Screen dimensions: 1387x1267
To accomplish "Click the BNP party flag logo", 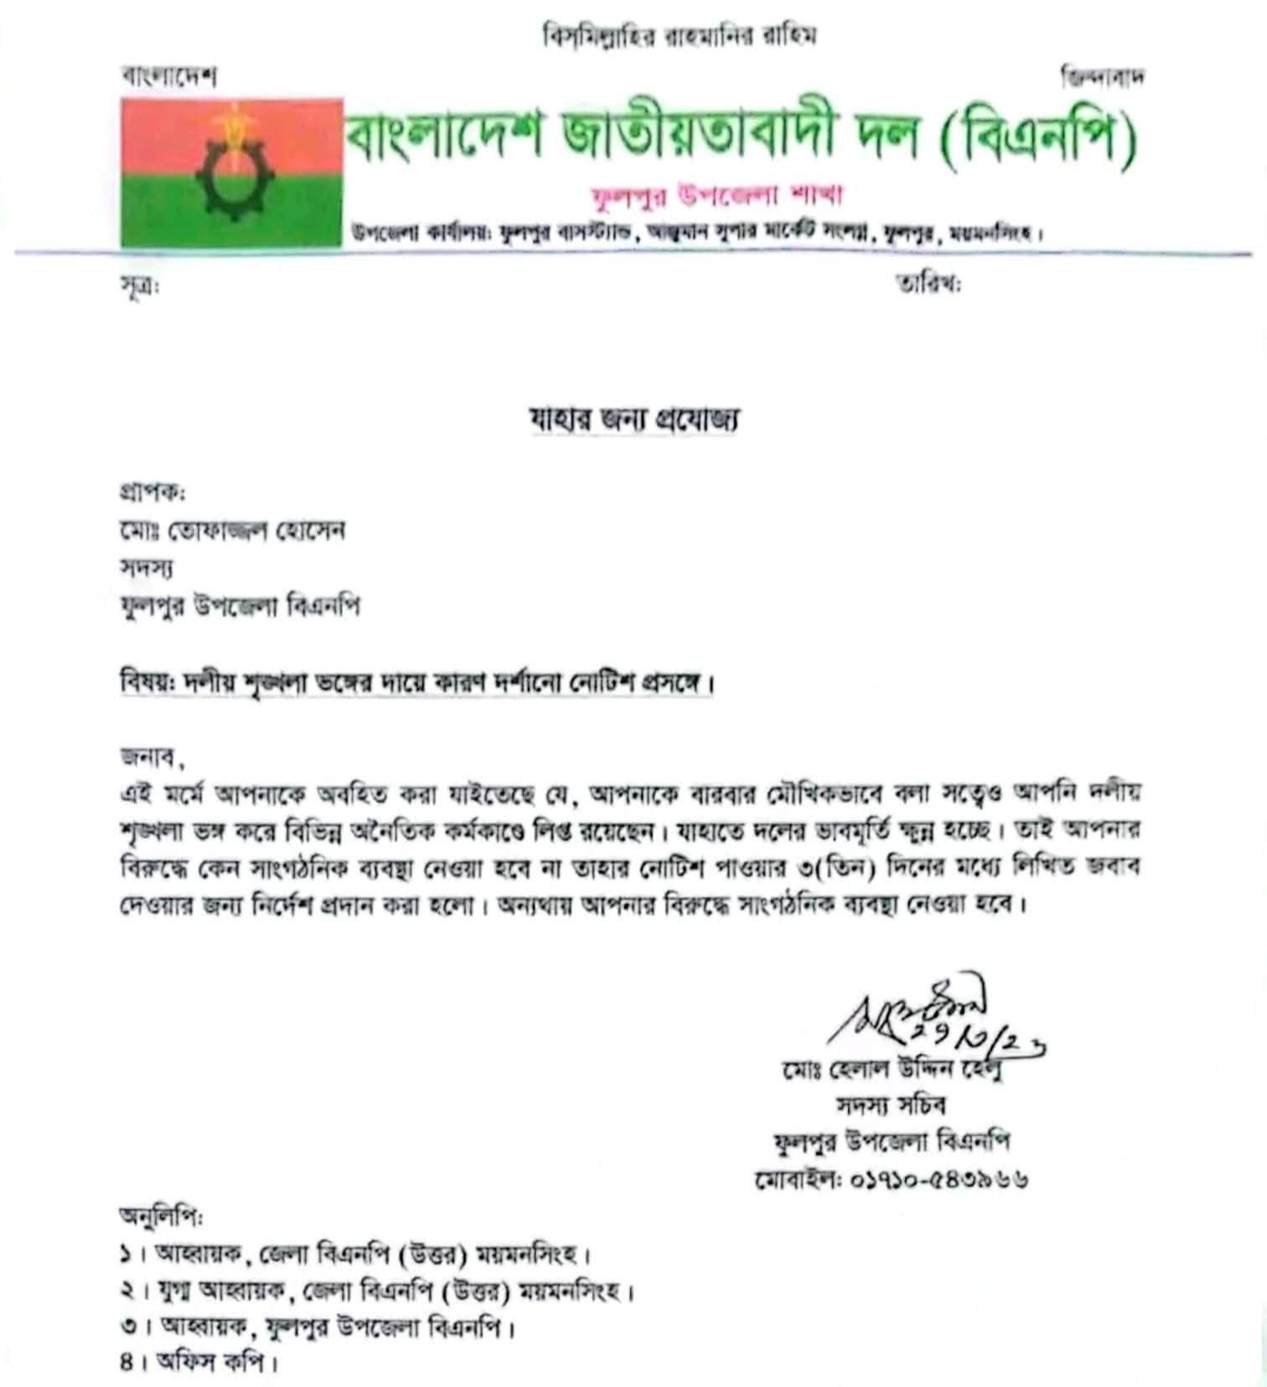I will click(x=231, y=173).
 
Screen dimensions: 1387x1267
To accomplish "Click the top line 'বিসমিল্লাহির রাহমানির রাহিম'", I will click(x=679, y=36).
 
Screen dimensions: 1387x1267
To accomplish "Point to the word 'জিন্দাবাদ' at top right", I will click(x=1102, y=77).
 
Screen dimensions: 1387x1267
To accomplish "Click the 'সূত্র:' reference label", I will click(x=139, y=286).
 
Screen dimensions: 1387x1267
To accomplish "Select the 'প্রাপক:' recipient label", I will click(x=153, y=492).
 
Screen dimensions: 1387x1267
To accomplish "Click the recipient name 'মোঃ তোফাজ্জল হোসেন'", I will click(x=232, y=531).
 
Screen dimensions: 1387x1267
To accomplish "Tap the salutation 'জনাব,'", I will click(x=152, y=757).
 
